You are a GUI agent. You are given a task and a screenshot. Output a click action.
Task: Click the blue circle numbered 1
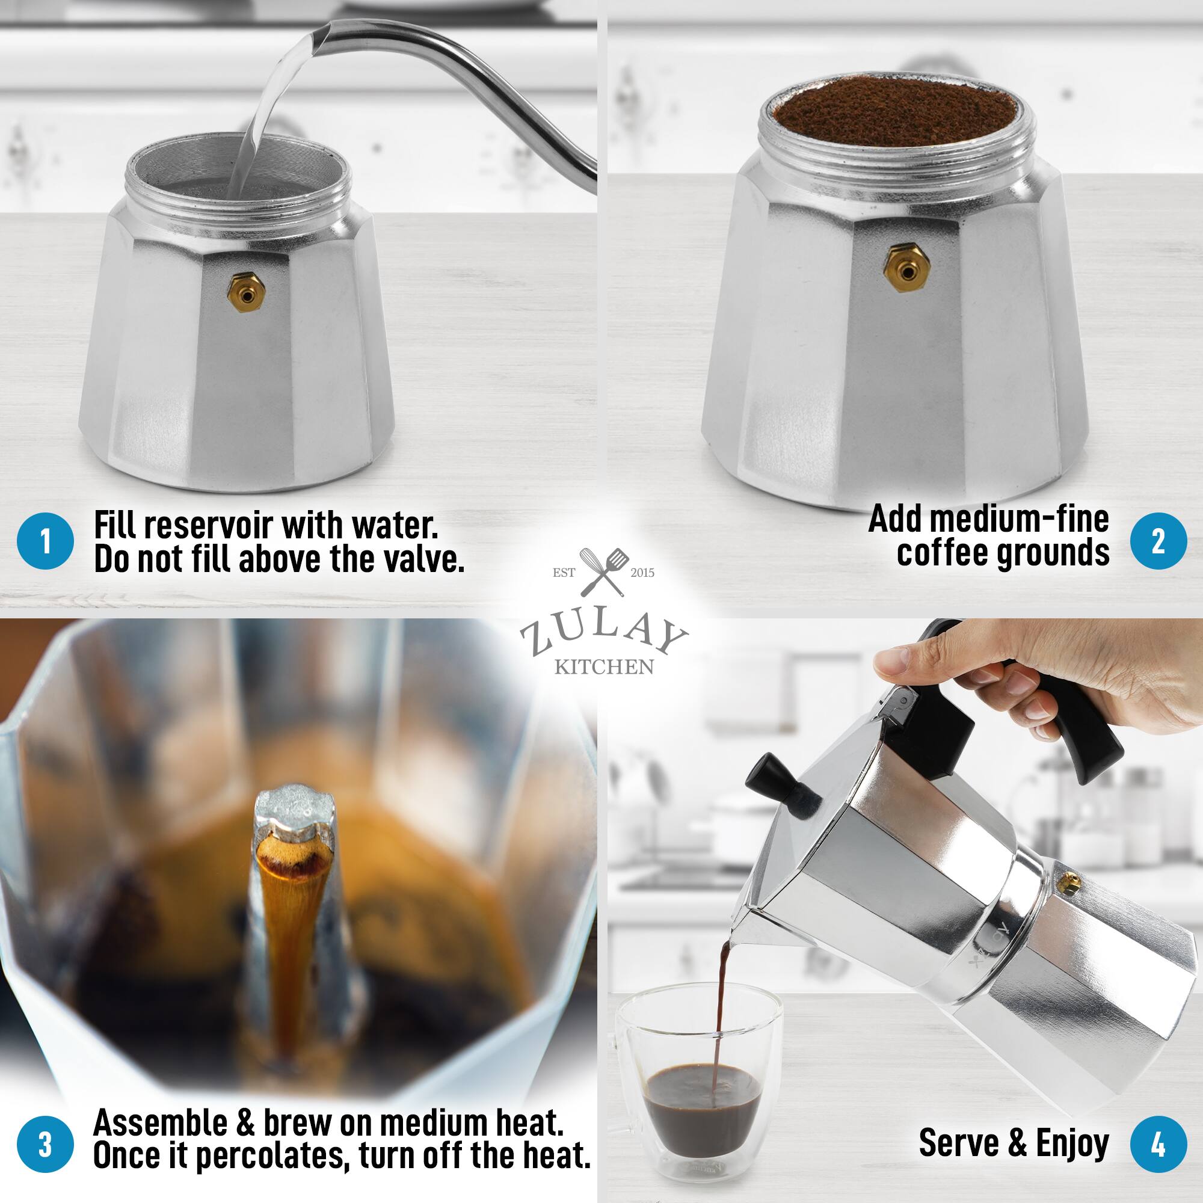(x=46, y=542)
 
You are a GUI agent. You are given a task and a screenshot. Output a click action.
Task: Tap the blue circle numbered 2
(x=1158, y=542)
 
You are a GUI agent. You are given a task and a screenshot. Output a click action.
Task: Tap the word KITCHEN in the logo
(x=603, y=668)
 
